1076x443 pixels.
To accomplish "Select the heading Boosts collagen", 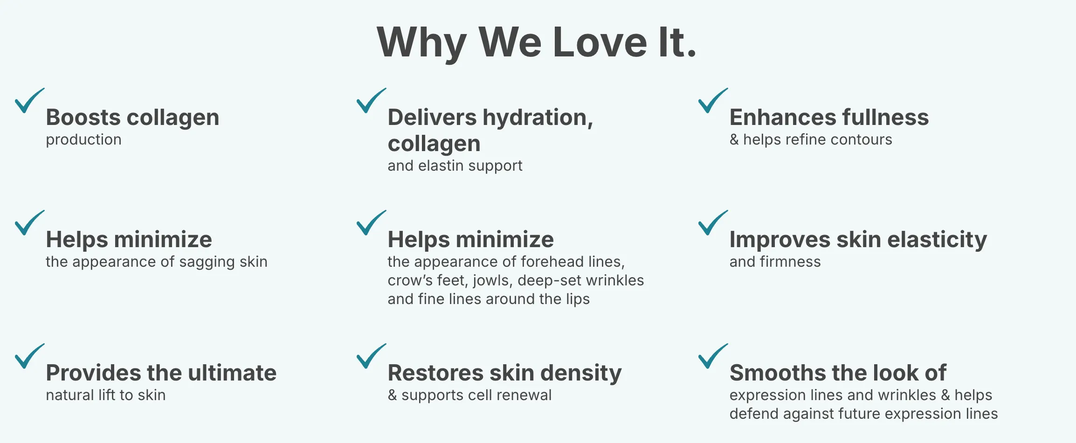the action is tap(132, 118).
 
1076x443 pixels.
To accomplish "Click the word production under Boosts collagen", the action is tap(83, 140).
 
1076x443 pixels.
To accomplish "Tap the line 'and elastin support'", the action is tap(455, 166).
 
